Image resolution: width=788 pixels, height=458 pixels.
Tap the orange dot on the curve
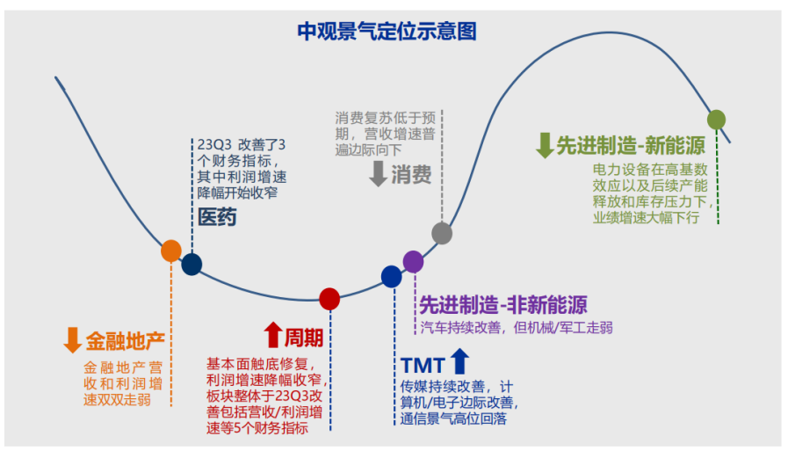(x=171, y=251)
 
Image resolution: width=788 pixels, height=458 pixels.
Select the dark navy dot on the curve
(x=192, y=264)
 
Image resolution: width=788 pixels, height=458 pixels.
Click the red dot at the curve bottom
(x=329, y=299)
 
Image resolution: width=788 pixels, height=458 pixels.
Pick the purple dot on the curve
(x=413, y=260)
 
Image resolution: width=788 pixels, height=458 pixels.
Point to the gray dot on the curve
(x=442, y=233)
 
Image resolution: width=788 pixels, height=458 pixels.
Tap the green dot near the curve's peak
(x=717, y=120)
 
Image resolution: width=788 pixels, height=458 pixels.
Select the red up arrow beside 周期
(x=272, y=335)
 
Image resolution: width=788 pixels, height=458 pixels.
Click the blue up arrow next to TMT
(x=460, y=360)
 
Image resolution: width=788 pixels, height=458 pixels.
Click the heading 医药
(x=217, y=217)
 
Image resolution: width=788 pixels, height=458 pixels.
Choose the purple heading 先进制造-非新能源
(x=503, y=305)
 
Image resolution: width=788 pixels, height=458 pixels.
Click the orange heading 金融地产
(x=125, y=340)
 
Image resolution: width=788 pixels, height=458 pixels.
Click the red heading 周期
(x=303, y=337)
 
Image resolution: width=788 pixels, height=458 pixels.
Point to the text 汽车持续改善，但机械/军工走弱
(x=517, y=328)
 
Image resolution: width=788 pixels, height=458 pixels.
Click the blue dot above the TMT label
(x=392, y=276)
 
